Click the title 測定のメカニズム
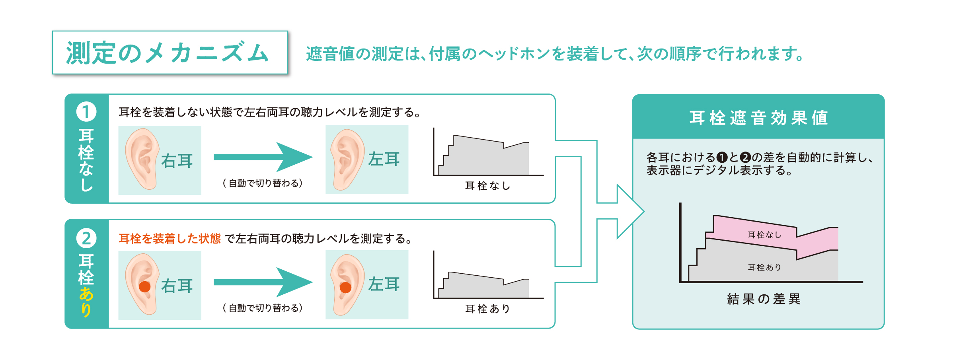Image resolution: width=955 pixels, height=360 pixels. click(168, 53)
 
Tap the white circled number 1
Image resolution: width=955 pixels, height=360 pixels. click(86, 112)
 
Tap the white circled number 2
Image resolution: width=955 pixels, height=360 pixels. click(86, 238)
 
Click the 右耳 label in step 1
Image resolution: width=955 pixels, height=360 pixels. click(177, 161)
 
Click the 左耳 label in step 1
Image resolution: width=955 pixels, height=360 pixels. click(384, 159)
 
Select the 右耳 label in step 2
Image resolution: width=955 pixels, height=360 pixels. click(177, 286)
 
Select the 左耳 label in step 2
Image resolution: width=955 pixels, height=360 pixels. click(384, 284)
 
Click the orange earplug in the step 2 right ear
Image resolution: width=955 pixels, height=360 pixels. click(144, 286)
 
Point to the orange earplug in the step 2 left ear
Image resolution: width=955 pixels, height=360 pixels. click(345, 287)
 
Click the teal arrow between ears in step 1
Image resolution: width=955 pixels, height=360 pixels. click(263, 157)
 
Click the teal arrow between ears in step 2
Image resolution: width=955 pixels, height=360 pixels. click(263, 282)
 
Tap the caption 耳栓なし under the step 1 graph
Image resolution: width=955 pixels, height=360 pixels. click(487, 186)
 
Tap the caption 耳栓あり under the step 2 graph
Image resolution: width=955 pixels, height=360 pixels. click(487, 309)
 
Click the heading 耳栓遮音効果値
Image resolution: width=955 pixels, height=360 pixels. click(758, 118)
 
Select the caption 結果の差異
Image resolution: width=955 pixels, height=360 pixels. click(764, 299)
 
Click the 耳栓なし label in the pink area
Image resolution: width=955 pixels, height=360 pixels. click(764, 235)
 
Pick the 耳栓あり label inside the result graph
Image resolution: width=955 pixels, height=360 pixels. click(764, 267)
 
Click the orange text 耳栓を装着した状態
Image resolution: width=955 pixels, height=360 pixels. click(170, 239)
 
